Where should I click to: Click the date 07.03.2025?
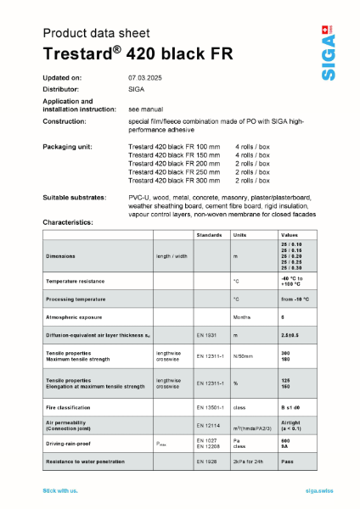click(x=149, y=78)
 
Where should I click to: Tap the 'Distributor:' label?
click(x=61, y=88)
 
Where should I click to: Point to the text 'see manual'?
click(x=145, y=110)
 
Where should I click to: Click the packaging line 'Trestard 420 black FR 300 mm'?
click(x=174, y=181)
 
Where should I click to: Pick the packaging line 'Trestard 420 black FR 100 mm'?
click(x=174, y=147)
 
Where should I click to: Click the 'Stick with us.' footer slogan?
click(x=60, y=491)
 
